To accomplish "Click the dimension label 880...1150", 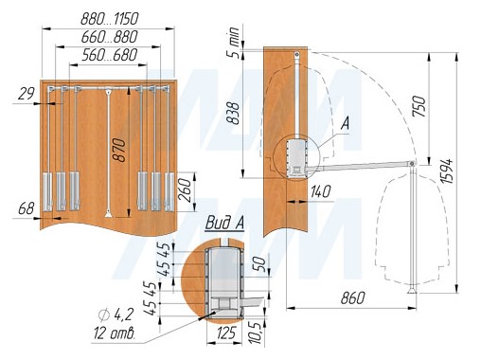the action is pyautogui.click(x=110, y=19).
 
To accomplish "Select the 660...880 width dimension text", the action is pyautogui.click(x=110, y=37).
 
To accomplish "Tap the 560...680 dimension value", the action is pyautogui.click(x=110, y=55).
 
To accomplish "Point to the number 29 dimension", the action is pyautogui.click(x=27, y=94).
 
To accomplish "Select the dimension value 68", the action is pyautogui.click(x=27, y=208).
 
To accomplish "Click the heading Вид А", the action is pyautogui.click(x=224, y=223).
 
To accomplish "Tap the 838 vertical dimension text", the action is pyautogui.click(x=233, y=113).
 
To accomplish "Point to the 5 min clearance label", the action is pyautogui.click(x=234, y=43).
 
